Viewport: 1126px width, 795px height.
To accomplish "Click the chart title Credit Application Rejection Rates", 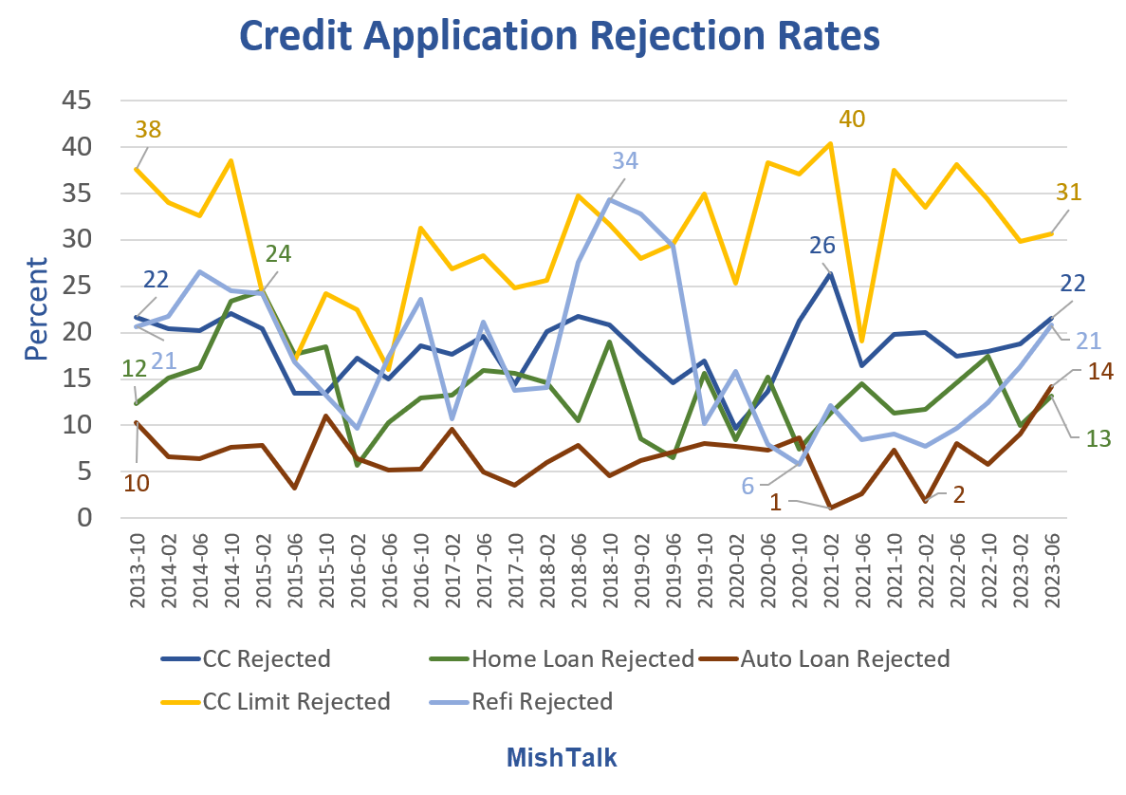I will (x=560, y=36).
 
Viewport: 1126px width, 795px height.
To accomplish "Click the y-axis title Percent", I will (x=36, y=308).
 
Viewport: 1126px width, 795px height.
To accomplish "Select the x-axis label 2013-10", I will (x=138, y=569).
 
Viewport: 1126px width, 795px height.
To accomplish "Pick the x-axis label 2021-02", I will (x=832, y=569).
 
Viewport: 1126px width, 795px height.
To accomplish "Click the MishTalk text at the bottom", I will (x=562, y=757).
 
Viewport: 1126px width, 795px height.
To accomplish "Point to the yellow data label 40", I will (x=851, y=120).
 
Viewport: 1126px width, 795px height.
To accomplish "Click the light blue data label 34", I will (x=624, y=160).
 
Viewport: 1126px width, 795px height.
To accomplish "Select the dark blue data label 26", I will (x=821, y=246).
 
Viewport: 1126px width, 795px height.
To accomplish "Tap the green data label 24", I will (x=278, y=254).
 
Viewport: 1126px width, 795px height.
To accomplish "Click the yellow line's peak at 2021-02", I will (x=831, y=144).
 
